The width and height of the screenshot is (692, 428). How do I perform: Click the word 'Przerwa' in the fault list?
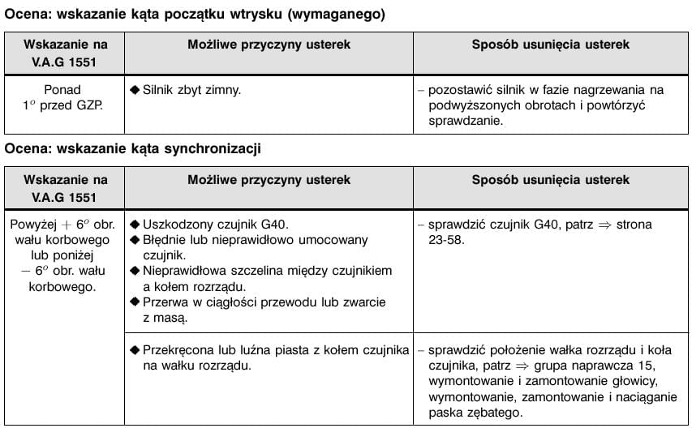click(x=166, y=302)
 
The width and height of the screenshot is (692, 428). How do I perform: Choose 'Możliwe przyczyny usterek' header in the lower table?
click(x=269, y=180)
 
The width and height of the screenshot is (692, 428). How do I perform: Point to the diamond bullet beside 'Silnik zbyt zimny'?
click(x=135, y=90)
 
